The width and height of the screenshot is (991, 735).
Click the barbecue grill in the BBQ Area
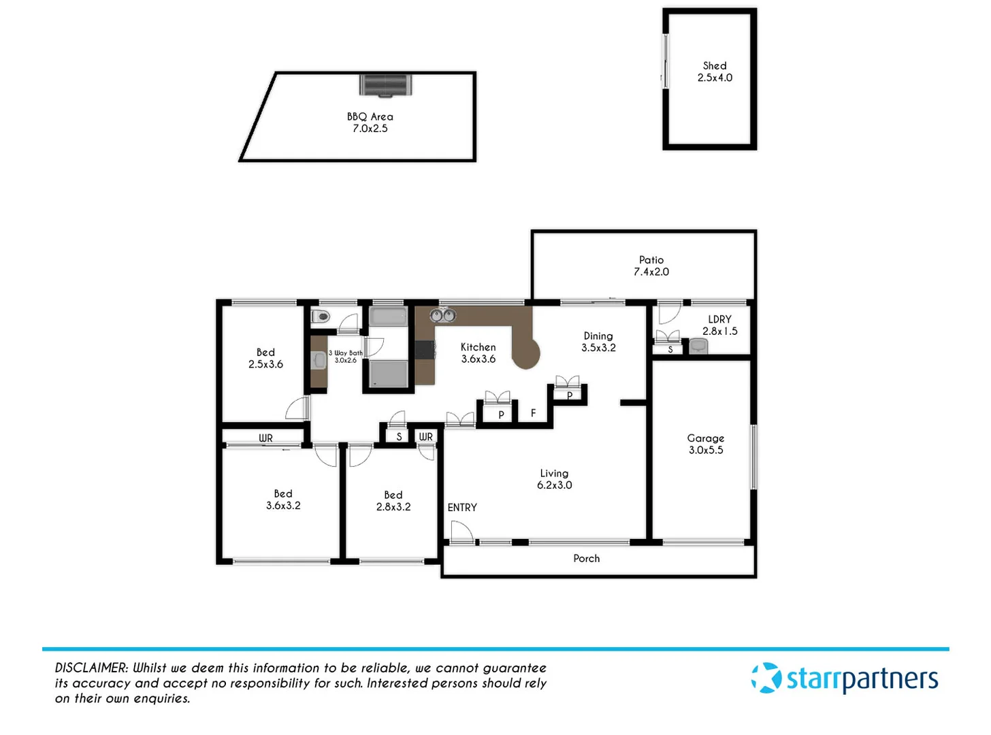click(385, 85)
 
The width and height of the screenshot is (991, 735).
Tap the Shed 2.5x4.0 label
click(715, 71)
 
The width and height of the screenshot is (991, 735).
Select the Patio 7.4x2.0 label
click(651, 265)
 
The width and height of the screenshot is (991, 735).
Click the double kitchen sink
click(442, 315)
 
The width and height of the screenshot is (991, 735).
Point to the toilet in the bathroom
click(321, 316)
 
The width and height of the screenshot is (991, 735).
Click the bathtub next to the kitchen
click(389, 316)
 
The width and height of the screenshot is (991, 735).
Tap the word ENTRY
click(462, 508)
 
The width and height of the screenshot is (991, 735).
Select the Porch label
click(586, 559)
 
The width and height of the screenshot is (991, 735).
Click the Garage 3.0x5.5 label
click(706, 444)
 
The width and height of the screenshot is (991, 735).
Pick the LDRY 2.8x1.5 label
click(719, 325)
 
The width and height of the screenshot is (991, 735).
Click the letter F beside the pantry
click(534, 413)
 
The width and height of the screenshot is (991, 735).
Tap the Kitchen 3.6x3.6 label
click(478, 353)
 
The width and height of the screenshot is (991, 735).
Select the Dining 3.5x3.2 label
click(598, 342)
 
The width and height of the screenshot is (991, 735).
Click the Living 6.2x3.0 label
click(554, 479)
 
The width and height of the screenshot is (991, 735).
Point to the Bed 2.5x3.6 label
click(265, 358)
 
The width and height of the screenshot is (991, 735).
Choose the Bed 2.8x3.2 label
click(393, 501)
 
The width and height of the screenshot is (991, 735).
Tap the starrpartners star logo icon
click(766, 679)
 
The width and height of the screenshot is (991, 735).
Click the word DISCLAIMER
click(91, 668)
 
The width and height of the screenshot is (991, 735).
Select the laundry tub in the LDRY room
click(698, 346)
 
